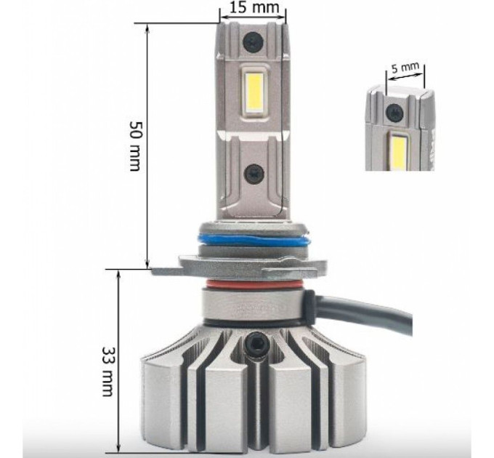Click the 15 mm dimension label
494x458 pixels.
pos(254,7)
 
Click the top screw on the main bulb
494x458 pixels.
pos(253,41)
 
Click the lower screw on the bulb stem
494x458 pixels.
pos(254,173)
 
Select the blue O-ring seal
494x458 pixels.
pos(254,241)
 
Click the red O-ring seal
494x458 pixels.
pos(254,284)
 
